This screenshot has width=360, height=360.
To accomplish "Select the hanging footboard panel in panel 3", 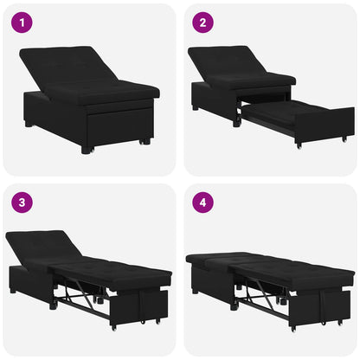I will [x=148, y=306].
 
